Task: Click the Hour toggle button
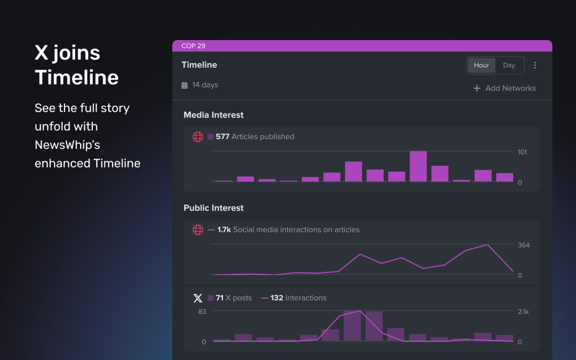click(481, 65)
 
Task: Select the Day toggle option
click(509, 65)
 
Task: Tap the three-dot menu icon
click(535, 65)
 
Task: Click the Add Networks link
click(505, 88)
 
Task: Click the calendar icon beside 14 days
click(185, 85)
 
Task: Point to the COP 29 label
click(193, 46)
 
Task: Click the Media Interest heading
click(213, 115)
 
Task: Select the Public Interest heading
click(213, 208)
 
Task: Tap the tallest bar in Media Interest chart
click(418, 166)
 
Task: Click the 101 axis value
click(522, 152)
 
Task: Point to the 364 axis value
click(523, 245)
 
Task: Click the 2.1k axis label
click(523, 311)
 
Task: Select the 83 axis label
click(202, 311)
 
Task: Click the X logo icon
click(198, 298)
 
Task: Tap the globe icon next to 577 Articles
click(198, 137)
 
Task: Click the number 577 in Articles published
click(222, 137)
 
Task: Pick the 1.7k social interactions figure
click(224, 230)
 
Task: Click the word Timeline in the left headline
click(77, 77)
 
